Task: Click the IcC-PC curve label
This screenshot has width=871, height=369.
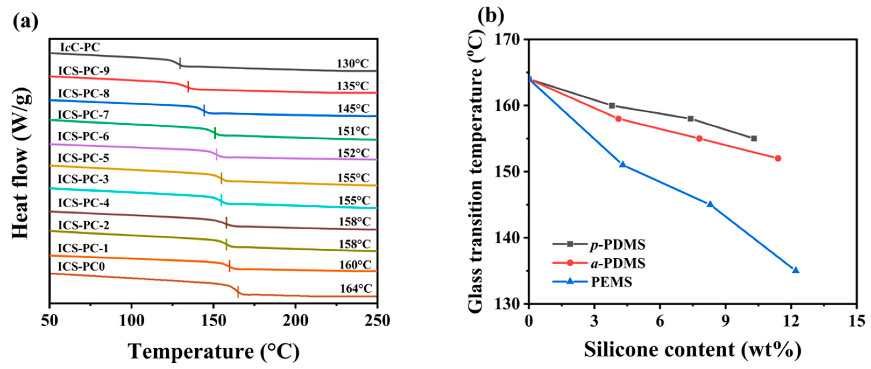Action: coord(80,47)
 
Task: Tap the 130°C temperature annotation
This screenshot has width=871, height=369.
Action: coord(353,63)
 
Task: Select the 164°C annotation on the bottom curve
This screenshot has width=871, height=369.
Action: coord(356,289)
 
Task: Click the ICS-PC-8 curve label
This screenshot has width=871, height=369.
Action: coord(84,93)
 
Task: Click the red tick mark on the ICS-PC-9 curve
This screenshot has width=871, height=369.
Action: coord(188,87)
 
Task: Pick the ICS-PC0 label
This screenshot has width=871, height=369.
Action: coord(81,267)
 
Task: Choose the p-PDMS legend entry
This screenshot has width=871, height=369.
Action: coord(617,244)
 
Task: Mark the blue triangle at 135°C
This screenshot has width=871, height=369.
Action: coord(796,270)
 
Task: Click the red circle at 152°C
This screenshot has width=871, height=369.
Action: coord(778,158)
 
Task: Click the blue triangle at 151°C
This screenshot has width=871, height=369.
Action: coord(623,164)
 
